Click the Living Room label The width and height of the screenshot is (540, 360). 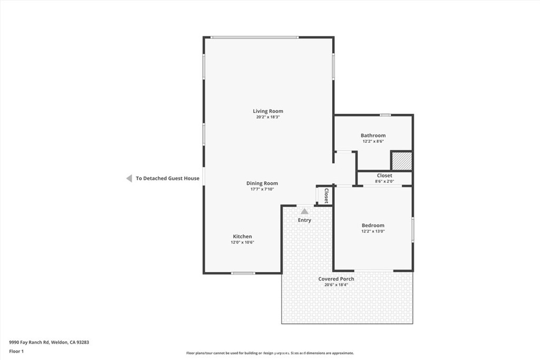click(x=268, y=111)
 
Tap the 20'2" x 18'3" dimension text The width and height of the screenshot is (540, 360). click(x=268, y=117)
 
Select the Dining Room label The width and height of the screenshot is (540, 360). click(x=262, y=183)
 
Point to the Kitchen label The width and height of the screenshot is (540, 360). click(x=243, y=237)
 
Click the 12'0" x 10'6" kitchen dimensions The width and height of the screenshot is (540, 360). click(x=243, y=242)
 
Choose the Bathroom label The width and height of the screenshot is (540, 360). click(x=373, y=135)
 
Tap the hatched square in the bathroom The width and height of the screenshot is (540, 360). click(x=401, y=161)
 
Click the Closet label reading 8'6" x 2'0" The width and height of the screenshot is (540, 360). click(x=384, y=176)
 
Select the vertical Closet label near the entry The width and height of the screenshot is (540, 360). click(x=326, y=196)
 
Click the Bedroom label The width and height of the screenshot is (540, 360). click(x=373, y=226)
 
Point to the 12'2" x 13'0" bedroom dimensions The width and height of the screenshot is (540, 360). click(x=373, y=231)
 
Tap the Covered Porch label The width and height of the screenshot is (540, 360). click(x=336, y=279)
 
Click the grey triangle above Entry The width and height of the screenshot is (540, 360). click(x=305, y=211)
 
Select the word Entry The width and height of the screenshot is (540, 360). click(x=304, y=220)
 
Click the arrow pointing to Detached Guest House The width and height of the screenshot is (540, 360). click(x=129, y=178)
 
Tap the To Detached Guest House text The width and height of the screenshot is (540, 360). click(x=167, y=178)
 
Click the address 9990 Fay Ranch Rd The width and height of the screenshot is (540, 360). click(x=30, y=343)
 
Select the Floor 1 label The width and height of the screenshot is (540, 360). click(x=16, y=352)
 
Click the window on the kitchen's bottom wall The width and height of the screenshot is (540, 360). click(x=243, y=273)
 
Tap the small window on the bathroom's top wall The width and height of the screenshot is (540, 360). click(x=385, y=115)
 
